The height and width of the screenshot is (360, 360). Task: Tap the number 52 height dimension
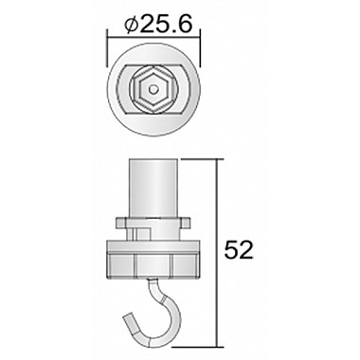239,251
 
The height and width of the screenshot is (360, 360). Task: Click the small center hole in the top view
153,89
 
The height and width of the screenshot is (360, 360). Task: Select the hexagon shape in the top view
153,89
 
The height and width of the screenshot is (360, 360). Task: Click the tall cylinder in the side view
154,188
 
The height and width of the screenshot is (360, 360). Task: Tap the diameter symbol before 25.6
132,25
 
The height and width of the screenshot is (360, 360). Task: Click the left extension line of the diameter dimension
107,48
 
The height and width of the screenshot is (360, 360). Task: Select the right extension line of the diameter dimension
200,48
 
